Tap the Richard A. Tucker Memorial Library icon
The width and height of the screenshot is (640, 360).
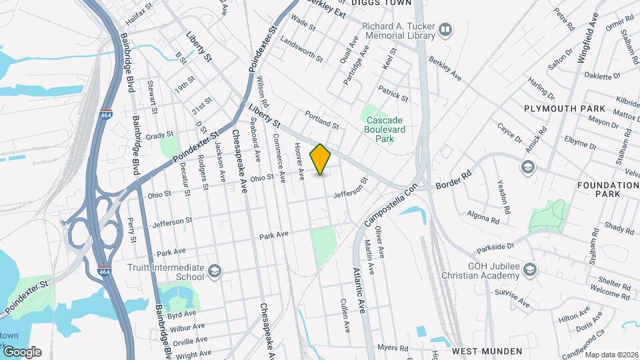click(445, 30)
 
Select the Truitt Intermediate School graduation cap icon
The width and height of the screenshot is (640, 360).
click(215, 270)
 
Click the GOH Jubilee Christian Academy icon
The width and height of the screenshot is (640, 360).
click(529, 269)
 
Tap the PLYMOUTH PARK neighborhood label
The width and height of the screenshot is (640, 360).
click(565, 108)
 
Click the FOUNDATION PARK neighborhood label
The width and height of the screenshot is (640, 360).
click(608, 189)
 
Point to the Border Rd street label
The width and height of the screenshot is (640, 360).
click(453, 181)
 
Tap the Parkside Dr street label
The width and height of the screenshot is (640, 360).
click(495, 249)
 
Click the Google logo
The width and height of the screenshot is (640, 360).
click(22, 351)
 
